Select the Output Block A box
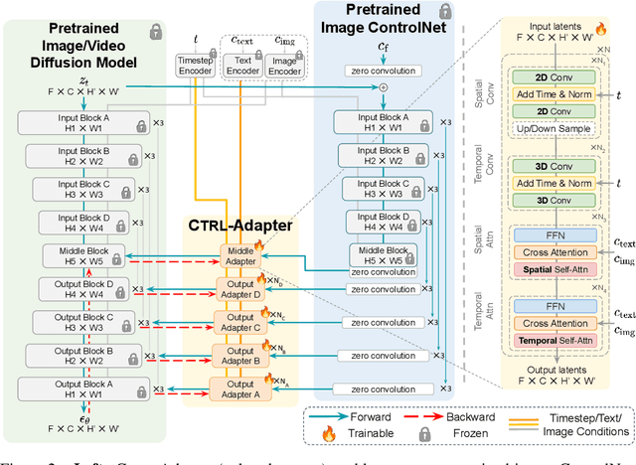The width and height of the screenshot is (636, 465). click(71, 387)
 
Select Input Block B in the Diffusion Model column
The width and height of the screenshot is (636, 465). click(71, 157)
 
